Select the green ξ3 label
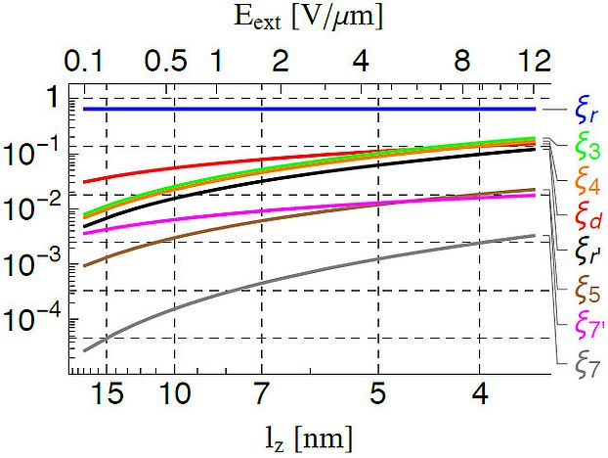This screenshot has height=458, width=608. tap(586, 148)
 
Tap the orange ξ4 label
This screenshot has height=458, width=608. tap(586, 182)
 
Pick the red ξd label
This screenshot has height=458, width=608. tap(586, 215)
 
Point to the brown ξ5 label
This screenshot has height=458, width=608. tap(586, 291)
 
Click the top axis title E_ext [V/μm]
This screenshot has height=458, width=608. tap(306, 18)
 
